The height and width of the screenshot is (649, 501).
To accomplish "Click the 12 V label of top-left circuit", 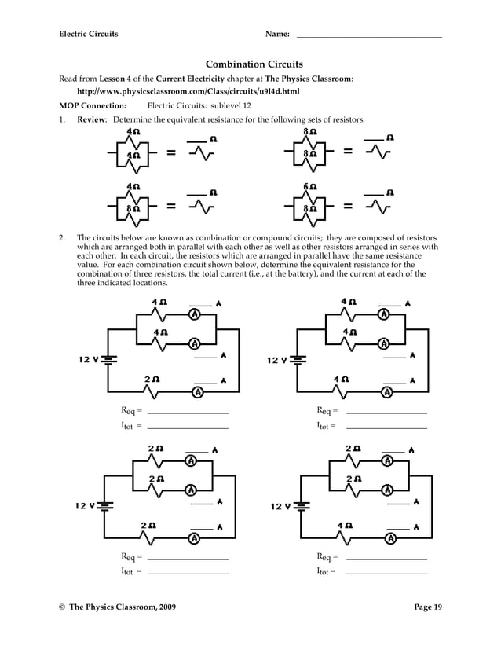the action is click(x=87, y=360).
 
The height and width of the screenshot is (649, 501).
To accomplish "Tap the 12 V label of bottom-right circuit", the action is click(x=280, y=506).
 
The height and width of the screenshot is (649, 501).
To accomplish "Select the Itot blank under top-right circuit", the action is click(x=386, y=427).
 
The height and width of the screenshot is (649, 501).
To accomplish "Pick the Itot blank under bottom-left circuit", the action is click(x=188, y=572).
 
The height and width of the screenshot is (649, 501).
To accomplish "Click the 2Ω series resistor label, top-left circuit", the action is click(x=152, y=379).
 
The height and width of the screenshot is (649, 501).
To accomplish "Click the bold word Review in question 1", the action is click(x=91, y=119).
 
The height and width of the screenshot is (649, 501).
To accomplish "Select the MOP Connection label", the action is click(x=93, y=104).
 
